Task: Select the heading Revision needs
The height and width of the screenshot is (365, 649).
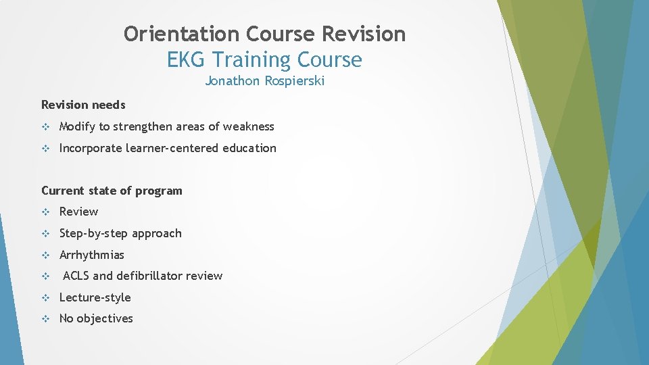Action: click(x=83, y=105)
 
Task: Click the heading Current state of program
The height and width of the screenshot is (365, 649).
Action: click(x=112, y=191)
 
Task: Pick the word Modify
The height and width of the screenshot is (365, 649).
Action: click(x=77, y=126)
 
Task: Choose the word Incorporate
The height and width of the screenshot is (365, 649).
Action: click(x=91, y=148)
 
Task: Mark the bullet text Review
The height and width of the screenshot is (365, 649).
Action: click(x=78, y=212)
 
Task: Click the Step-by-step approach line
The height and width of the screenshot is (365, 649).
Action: click(x=120, y=233)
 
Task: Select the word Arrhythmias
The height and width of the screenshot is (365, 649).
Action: click(x=92, y=255)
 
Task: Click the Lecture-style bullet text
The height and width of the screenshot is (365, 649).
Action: click(x=95, y=297)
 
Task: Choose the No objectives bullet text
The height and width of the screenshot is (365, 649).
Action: click(x=96, y=318)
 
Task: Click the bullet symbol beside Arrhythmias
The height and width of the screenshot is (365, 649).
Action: click(x=46, y=255)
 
